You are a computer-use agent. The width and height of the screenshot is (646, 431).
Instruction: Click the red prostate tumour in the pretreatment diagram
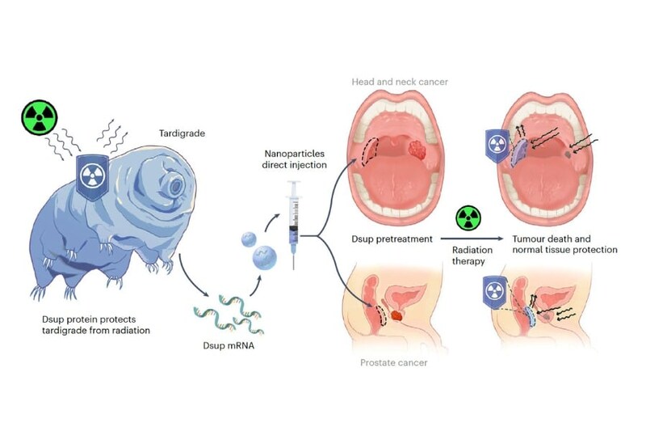(398, 311)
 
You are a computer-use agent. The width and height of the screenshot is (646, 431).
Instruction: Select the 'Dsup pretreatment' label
(392, 240)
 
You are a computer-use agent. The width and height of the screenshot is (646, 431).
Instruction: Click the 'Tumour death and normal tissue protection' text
(565, 245)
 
